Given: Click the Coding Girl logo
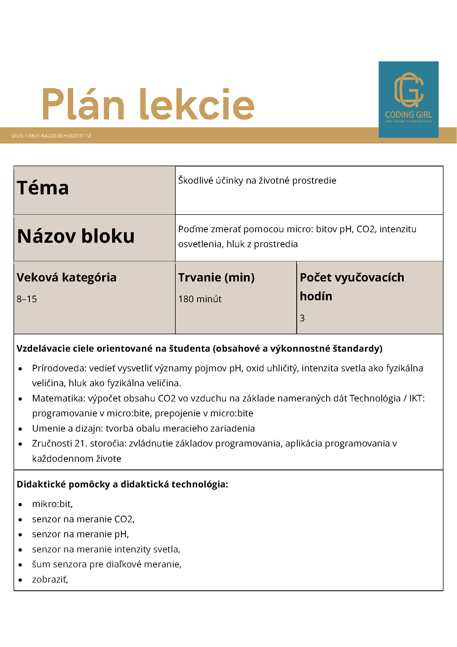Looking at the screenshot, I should point(408,99).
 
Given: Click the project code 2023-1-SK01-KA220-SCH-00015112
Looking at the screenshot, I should point(51,135).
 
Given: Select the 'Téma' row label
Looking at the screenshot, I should point(43,188).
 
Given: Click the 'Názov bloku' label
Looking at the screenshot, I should point(76,236).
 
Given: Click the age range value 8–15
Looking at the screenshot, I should point(27,299).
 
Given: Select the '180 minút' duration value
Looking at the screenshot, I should point(200,299).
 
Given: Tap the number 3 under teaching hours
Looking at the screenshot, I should point(302,318).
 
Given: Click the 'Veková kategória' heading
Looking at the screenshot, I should point(67,277).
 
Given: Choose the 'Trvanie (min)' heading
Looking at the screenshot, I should point(216,277).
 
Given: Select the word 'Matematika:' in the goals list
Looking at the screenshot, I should point(59,398).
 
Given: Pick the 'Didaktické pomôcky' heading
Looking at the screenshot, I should point(63,484).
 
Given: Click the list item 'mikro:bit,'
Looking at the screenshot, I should point(52,504).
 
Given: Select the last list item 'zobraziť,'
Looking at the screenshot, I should point(50,579).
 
